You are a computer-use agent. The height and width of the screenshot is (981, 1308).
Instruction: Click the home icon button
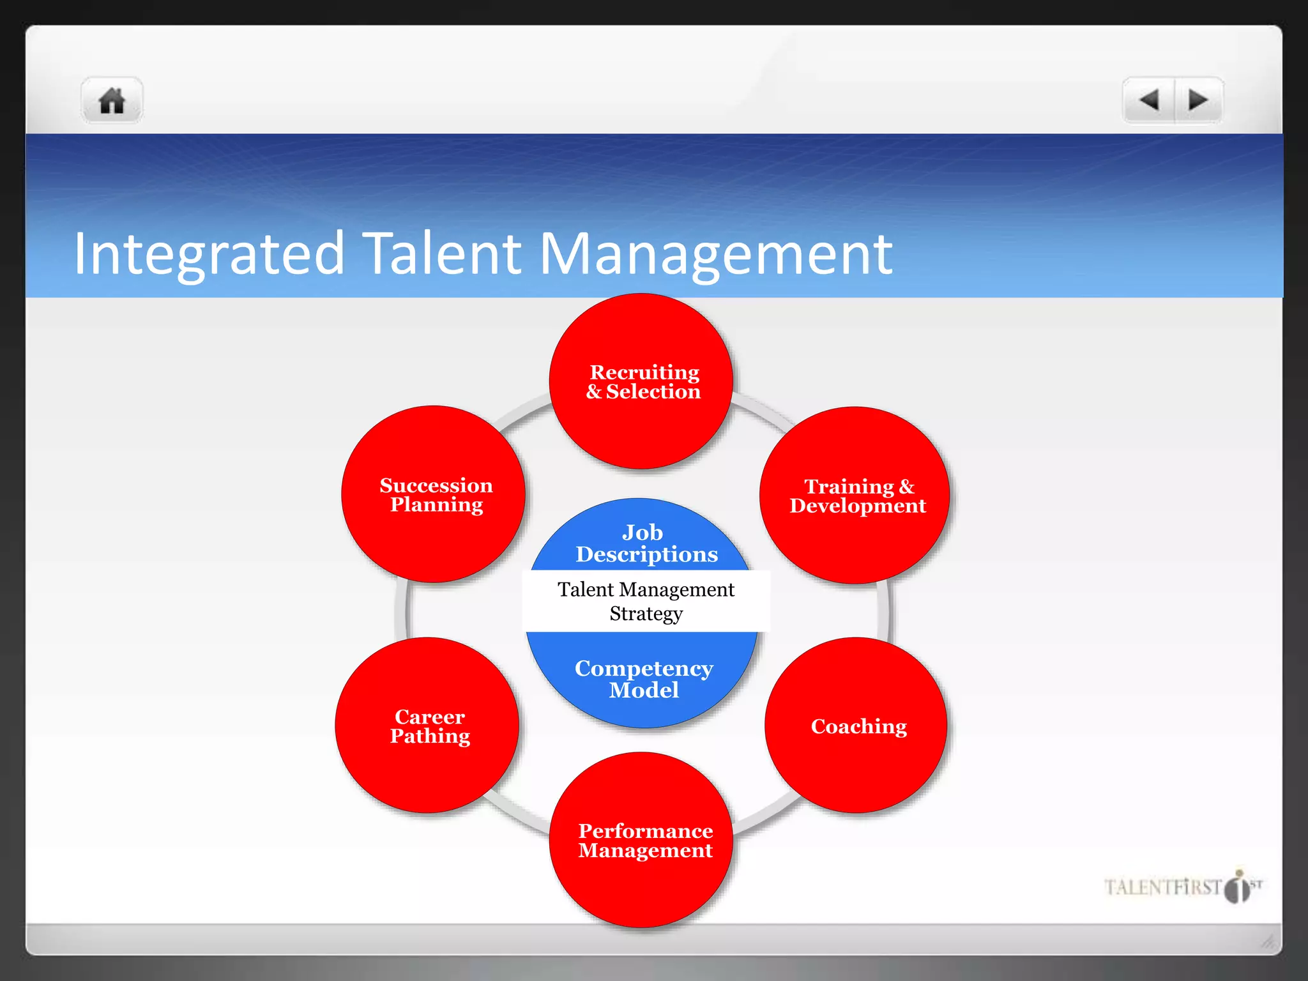pyautogui.click(x=112, y=101)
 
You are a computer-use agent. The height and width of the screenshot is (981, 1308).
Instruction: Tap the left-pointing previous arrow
pyautogui.click(x=1149, y=100)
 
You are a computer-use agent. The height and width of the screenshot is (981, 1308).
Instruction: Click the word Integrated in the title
pyautogui.click(x=209, y=254)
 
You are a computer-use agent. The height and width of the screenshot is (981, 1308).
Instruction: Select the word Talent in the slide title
pyautogui.click(x=443, y=253)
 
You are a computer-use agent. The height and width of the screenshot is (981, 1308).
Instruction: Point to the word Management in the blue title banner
pyautogui.click(x=716, y=254)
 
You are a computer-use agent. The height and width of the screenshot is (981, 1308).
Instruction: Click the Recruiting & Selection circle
pyautogui.click(x=641, y=381)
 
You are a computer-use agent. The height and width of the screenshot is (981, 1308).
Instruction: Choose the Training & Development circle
pyautogui.click(x=855, y=496)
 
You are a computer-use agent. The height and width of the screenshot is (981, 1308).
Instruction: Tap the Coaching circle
pyautogui.click(x=856, y=726)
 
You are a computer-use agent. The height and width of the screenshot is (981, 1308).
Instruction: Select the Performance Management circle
pyautogui.click(x=641, y=840)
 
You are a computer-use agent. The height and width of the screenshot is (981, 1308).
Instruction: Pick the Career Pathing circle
pyautogui.click(x=427, y=726)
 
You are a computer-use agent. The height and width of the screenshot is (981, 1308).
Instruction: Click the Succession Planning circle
pyautogui.click(x=434, y=494)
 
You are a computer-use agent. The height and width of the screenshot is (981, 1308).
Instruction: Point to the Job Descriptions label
pyautogui.click(x=645, y=543)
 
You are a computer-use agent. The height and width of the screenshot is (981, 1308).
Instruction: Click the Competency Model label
pyautogui.click(x=644, y=678)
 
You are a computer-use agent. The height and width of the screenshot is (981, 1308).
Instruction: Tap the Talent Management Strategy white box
pyautogui.click(x=646, y=601)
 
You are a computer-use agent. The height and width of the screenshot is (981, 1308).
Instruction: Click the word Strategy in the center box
pyautogui.click(x=646, y=614)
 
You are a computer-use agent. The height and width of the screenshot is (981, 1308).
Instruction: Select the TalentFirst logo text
pyautogui.click(x=1162, y=887)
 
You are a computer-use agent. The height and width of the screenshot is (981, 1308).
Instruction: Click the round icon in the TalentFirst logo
pyautogui.click(x=1238, y=888)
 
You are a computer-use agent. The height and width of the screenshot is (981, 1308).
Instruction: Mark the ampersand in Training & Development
pyautogui.click(x=906, y=487)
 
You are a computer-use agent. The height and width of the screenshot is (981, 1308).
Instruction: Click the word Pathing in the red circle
pyautogui.click(x=430, y=736)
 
